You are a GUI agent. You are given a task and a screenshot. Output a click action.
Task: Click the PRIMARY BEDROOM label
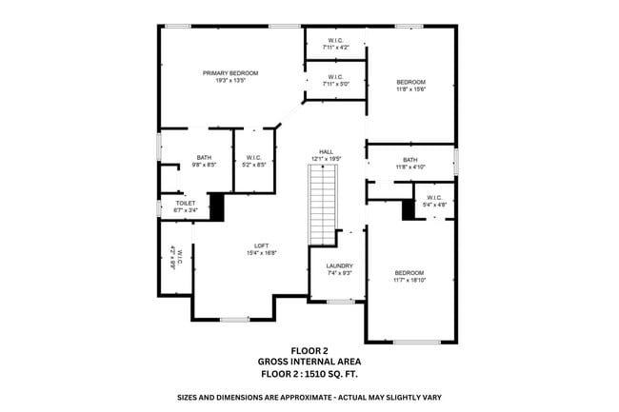(x=230, y=73)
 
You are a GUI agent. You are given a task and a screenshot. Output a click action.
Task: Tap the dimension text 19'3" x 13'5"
(x=230, y=81)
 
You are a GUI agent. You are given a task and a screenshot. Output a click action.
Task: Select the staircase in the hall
(x=323, y=203)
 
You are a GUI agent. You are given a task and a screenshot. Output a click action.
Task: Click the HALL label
(x=326, y=151)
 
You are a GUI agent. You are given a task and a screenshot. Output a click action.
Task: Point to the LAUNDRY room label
(x=339, y=265)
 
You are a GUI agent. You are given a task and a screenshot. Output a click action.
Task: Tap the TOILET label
(x=186, y=203)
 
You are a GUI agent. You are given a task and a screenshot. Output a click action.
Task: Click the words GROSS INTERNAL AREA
(x=309, y=362)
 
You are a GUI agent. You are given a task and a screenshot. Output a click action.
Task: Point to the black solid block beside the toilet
(x=216, y=206)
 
